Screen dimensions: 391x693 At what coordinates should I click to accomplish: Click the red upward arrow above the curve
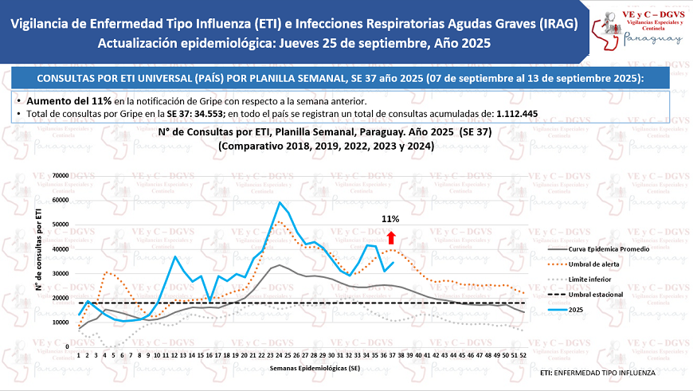391,237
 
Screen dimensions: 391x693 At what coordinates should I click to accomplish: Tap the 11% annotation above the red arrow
390,219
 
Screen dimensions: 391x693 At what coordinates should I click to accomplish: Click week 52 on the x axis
523,355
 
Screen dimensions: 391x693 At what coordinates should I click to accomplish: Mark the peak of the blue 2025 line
279,202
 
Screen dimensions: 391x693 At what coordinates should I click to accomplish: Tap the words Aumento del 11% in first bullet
69,102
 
